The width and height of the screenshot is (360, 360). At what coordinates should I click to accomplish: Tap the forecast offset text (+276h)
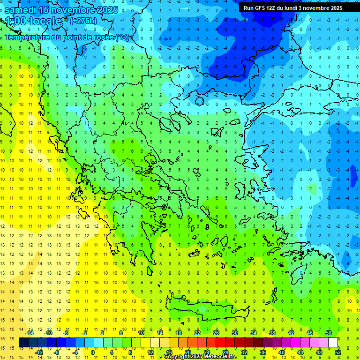[x=83, y=21]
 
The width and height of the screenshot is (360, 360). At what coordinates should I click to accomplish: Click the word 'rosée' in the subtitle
[x=102, y=37]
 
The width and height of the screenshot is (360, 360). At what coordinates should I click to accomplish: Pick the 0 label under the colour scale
[x=93, y=352]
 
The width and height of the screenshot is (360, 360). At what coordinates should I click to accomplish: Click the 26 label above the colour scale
[x=216, y=333]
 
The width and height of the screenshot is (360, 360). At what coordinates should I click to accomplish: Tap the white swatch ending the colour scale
[x=333, y=343]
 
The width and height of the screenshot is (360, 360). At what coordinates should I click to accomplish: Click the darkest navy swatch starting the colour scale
[x=24, y=343]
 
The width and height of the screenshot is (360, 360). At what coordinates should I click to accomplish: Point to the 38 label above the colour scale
[x=272, y=333]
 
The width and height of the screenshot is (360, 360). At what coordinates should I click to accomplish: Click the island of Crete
[x=206, y=310]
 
